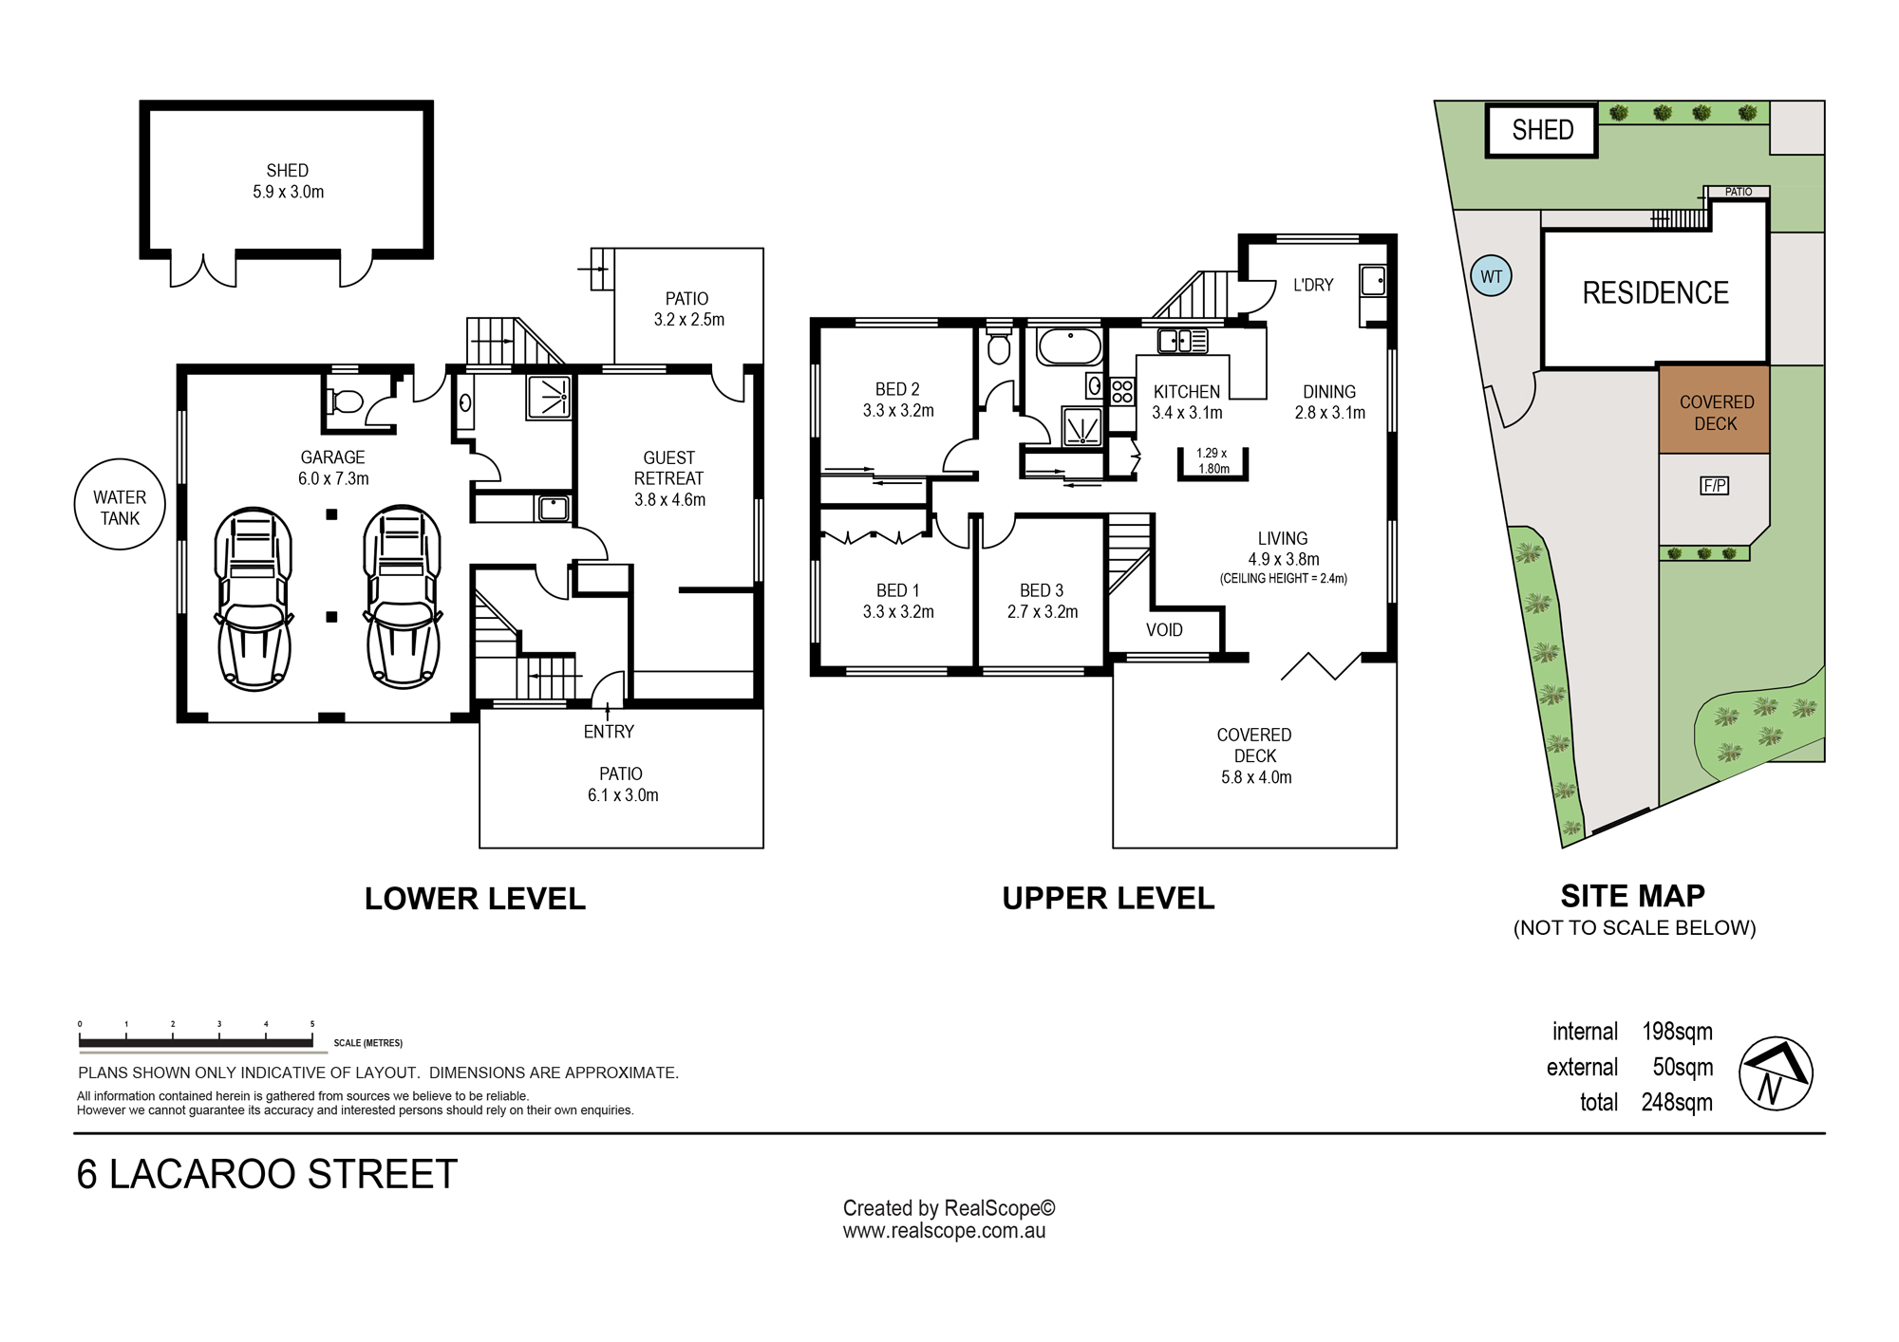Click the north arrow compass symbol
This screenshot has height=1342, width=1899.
[1776, 1073]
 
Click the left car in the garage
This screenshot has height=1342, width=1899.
[254, 598]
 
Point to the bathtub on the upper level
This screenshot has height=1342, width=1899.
[1070, 347]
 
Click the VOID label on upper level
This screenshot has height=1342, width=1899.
[1164, 630]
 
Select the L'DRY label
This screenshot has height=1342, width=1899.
[1313, 285]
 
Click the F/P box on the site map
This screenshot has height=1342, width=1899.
[1714, 486]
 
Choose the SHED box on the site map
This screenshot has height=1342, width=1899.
[1542, 130]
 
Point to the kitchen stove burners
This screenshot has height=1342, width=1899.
[1122, 391]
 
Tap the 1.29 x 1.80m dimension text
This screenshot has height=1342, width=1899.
[1213, 460]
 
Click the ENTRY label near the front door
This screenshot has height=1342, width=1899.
[609, 732]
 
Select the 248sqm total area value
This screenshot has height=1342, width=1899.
[1677, 1103]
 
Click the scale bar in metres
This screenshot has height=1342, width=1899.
[196, 1042]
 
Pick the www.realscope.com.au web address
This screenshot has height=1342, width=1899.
[944, 1231]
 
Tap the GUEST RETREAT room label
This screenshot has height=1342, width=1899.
[669, 478]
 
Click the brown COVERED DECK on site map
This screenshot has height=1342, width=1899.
[1714, 409]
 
